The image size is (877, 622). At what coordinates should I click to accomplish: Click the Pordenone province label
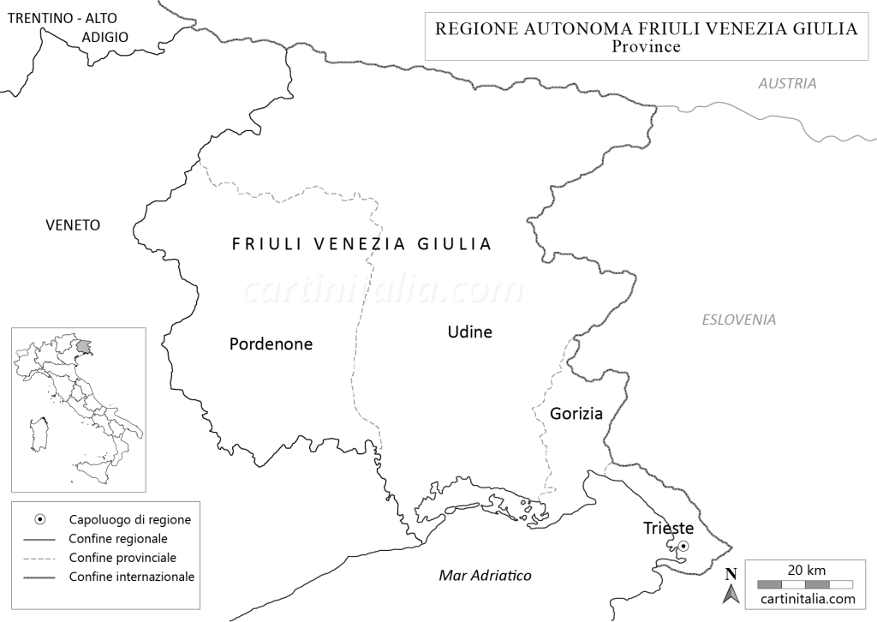(x=271, y=344)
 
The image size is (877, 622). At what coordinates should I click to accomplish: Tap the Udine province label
(x=470, y=332)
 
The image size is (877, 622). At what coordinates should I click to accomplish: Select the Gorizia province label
(x=576, y=414)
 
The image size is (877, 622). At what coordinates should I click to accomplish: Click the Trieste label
(x=668, y=529)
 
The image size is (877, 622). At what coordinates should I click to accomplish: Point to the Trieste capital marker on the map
(x=683, y=546)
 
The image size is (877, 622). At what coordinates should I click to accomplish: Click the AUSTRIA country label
(x=787, y=84)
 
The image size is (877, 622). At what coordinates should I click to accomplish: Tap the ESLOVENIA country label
(x=739, y=320)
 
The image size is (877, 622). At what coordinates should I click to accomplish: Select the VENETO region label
(x=73, y=225)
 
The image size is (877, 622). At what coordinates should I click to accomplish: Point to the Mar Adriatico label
(x=485, y=576)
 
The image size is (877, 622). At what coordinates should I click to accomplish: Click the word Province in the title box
(x=647, y=47)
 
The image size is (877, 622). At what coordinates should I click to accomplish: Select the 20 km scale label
(x=806, y=571)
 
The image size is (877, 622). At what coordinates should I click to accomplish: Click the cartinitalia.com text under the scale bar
(x=806, y=599)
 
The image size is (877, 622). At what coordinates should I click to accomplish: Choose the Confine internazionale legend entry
(x=132, y=577)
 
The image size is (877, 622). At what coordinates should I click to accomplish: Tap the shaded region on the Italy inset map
(x=83, y=347)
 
